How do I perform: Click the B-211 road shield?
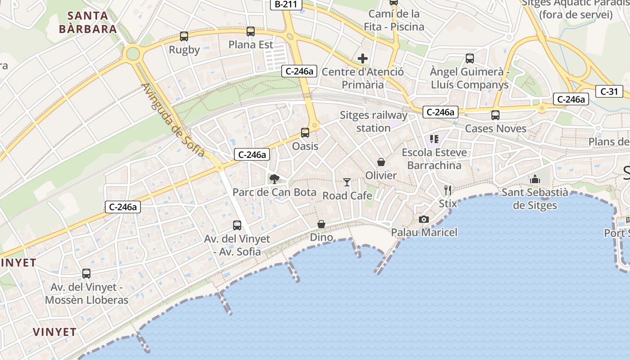pos(286,4)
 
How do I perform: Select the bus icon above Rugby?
pos(184,36)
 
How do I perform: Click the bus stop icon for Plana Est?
pos(251,31)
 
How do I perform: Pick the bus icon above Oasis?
pos(305,133)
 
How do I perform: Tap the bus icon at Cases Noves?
pos(495,115)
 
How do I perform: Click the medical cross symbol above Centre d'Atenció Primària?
pos(363,58)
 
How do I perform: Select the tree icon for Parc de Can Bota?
pos(274,179)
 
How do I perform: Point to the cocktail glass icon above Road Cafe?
pos(347,182)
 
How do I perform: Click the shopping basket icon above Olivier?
pos(381,162)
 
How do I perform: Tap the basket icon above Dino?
pos(321,224)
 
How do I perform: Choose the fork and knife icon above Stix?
pos(447,190)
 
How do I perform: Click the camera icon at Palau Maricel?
pos(423,219)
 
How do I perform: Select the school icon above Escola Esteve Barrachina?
pos(434,139)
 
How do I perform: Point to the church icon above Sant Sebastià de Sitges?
pos(535,179)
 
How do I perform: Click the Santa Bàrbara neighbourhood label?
pos(88,22)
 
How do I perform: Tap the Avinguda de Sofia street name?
pos(173,120)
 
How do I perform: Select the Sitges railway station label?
pos(373,121)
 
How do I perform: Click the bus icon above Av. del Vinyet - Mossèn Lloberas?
pos(86,274)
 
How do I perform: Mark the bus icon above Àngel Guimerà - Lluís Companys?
pos(470,58)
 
